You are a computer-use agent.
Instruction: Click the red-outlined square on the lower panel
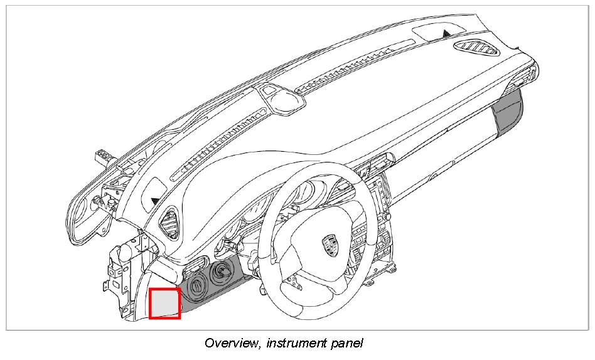(165, 303)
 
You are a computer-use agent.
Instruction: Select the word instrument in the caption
(295, 343)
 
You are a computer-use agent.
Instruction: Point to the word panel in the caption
(346, 343)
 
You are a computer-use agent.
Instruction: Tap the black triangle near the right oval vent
(446, 32)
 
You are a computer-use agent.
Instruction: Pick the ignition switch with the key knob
(221, 272)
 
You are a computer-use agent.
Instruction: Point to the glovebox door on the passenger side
(439, 157)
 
